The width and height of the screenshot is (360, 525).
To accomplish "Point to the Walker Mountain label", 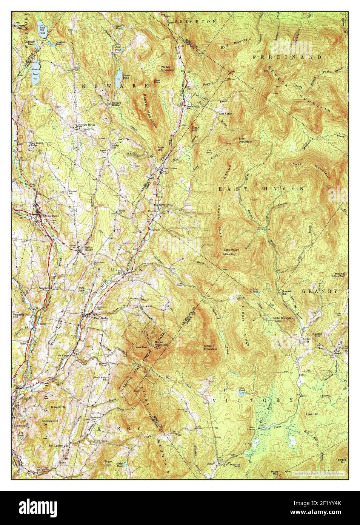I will tap(167, 68).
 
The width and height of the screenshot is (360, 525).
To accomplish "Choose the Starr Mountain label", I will tap(245, 140).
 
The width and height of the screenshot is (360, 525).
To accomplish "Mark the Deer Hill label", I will tap(195, 128).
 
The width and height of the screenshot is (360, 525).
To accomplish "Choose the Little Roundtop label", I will tap(283, 318).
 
